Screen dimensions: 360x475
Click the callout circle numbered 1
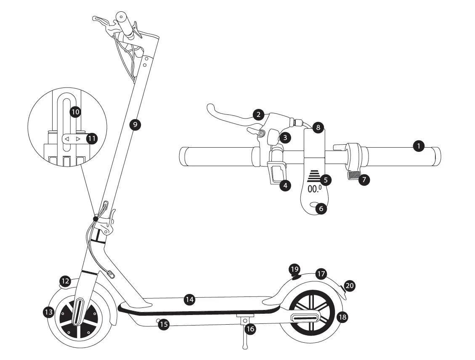418,146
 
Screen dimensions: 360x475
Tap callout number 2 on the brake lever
259,114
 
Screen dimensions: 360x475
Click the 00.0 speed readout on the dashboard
314,189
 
